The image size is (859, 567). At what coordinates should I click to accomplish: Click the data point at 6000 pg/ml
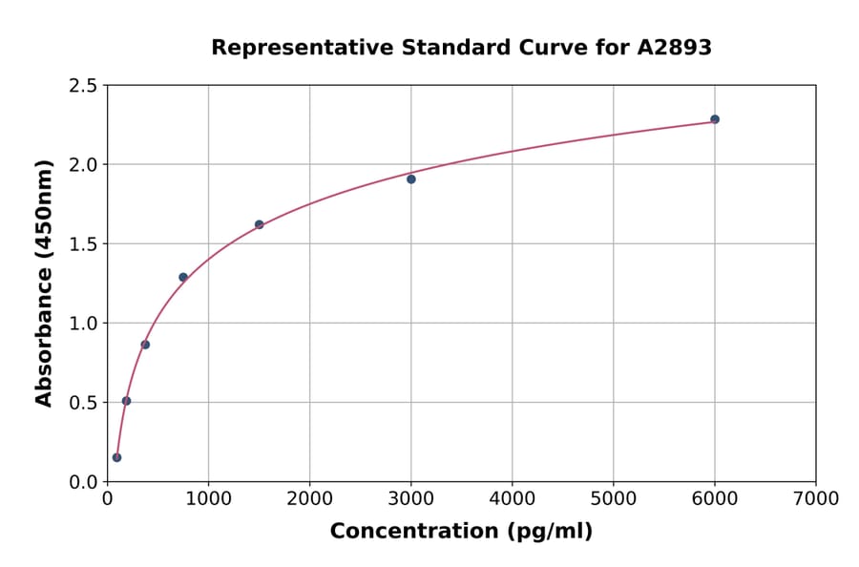pyautogui.click(x=715, y=119)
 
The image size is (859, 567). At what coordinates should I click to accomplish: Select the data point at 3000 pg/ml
pyautogui.click(x=411, y=179)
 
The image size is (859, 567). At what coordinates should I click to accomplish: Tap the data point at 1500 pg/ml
pyautogui.click(x=260, y=224)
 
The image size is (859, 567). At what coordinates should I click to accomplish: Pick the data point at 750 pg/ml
pyautogui.click(x=183, y=278)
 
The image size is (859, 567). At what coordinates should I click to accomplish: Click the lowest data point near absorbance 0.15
pyautogui.click(x=116, y=457)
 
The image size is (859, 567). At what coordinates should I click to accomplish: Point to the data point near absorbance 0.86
pyautogui.click(x=145, y=345)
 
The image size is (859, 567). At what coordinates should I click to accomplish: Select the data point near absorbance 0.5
pyautogui.click(x=126, y=401)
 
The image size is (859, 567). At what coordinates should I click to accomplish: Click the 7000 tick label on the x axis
pyautogui.click(x=815, y=499)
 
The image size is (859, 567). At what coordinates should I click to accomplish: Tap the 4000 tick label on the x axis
pyautogui.click(x=512, y=499)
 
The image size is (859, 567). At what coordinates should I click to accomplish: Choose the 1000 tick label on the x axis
pyautogui.click(x=208, y=499)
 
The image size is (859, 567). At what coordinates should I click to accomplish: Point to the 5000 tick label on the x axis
pyautogui.click(x=613, y=499)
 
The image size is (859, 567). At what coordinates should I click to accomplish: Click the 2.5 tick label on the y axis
pyautogui.click(x=83, y=86)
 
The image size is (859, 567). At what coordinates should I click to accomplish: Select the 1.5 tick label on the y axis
pyautogui.click(x=83, y=244)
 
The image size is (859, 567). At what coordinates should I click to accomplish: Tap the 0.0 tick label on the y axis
pyautogui.click(x=83, y=482)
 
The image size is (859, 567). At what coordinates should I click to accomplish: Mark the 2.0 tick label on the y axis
pyautogui.click(x=83, y=165)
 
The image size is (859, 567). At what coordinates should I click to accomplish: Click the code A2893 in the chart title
pyautogui.click(x=674, y=48)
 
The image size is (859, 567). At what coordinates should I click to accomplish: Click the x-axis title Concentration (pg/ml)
pyautogui.click(x=461, y=532)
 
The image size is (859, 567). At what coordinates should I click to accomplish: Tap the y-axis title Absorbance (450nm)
pyautogui.click(x=44, y=283)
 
